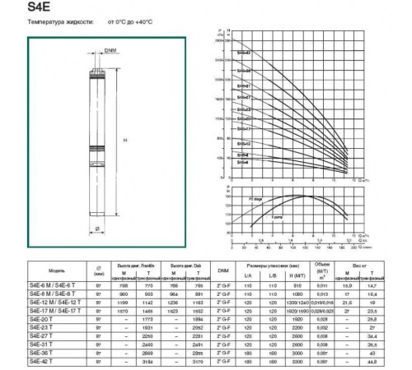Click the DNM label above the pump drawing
tap(110, 51)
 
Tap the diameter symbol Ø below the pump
tap(97, 230)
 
